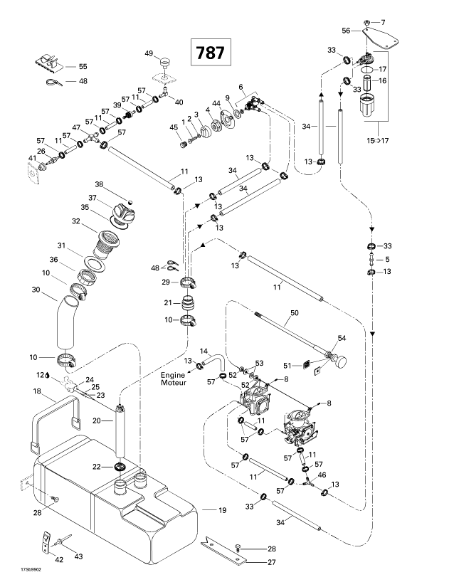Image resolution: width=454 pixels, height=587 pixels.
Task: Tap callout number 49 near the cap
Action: click(x=149, y=54)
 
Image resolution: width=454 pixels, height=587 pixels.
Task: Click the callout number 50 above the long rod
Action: click(x=294, y=312)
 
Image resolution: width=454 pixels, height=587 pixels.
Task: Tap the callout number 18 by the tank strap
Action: click(x=37, y=391)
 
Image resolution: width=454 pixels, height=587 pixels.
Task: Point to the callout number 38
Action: click(x=100, y=184)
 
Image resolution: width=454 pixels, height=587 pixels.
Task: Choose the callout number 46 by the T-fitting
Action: click(x=322, y=474)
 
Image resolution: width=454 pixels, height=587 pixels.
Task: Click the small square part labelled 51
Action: click(x=308, y=367)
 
